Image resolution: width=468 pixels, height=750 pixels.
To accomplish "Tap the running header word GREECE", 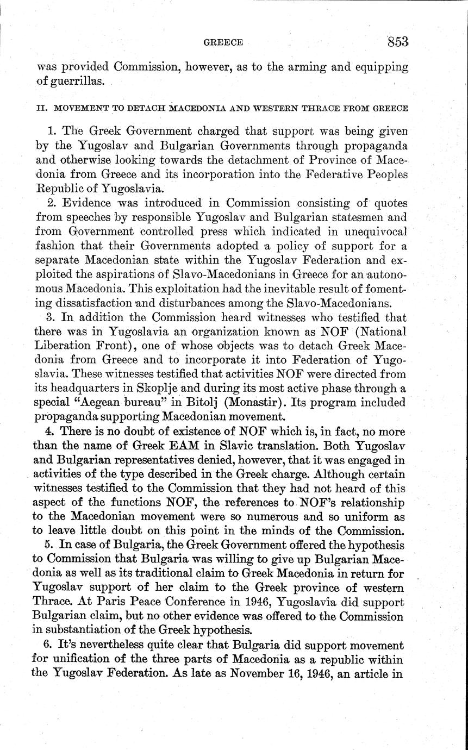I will pos(223,42).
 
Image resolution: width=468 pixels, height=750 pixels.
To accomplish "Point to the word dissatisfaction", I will pos(98,302).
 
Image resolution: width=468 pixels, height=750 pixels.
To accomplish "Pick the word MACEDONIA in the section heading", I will pos(199,108).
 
